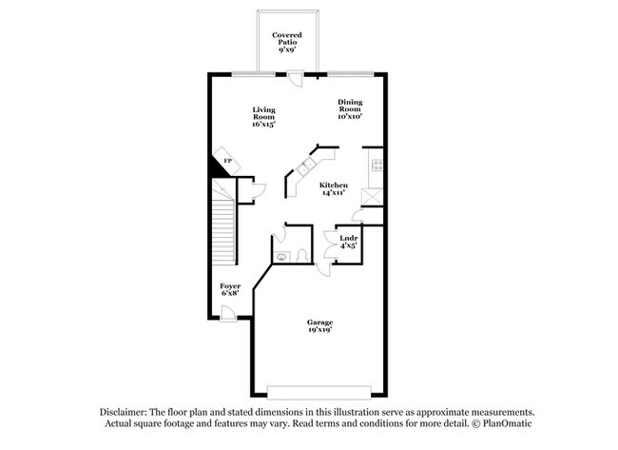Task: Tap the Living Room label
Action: [x=264, y=116]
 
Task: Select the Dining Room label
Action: [x=350, y=108]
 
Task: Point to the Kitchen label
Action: [x=333, y=188]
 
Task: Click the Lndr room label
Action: [x=349, y=242]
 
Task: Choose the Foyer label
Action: [x=230, y=289]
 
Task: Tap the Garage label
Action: [x=319, y=327]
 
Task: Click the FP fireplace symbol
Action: [x=227, y=161]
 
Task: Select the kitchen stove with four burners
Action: [x=377, y=166]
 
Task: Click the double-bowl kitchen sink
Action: [x=306, y=168]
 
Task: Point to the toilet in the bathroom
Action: [x=300, y=255]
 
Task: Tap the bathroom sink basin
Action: [x=281, y=255]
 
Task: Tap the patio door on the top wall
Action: [x=298, y=78]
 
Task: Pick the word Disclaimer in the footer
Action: [x=128, y=411]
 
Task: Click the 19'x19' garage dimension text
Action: [x=319, y=333]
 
